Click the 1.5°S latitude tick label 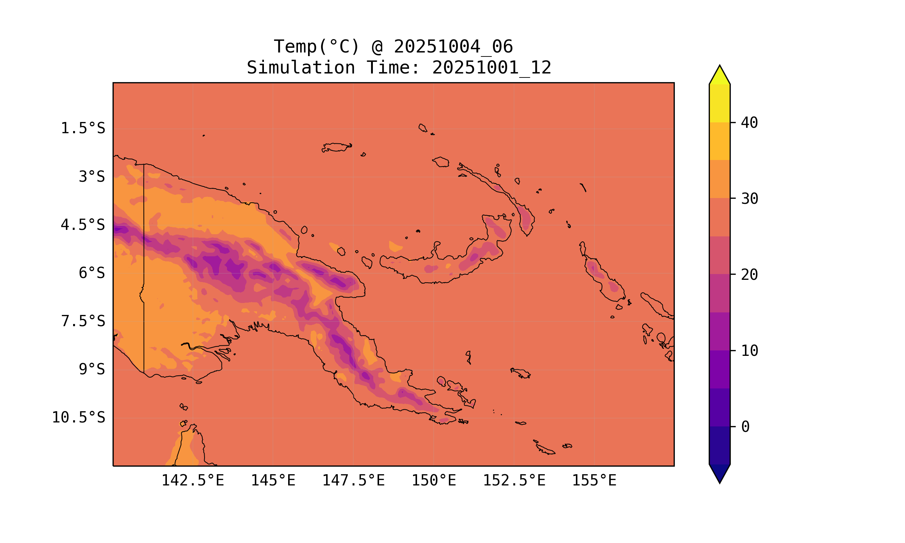[83, 129]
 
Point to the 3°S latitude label [92, 177]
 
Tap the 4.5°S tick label [83, 225]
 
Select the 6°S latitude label [92, 273]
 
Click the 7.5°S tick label [83, 321]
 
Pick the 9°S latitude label [92, 369]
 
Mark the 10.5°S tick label [78, 417]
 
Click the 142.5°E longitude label [193, 480]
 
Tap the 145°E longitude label [273, 480]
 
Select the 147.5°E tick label [353, 480]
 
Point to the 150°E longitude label [434, 480]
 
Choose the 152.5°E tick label [514, 480]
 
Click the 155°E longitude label [594, 480]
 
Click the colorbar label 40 [750, 123]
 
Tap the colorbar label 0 [745, 427]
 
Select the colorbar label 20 [750, 275]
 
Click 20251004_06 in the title [453, 47]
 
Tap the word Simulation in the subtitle [301, 68]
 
